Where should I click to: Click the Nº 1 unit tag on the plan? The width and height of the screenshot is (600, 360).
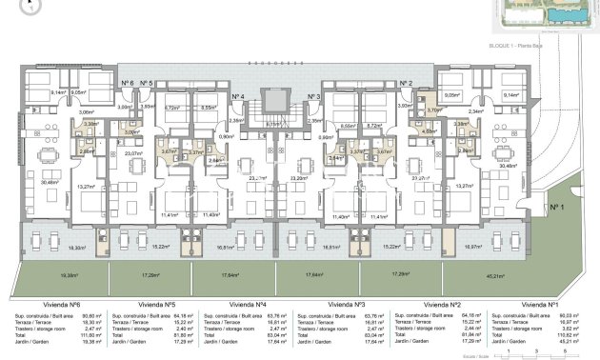pos(555,206)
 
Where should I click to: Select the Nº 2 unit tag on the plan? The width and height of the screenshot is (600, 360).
pos(406,84)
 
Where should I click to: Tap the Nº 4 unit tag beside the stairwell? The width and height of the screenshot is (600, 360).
pos(237,97)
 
